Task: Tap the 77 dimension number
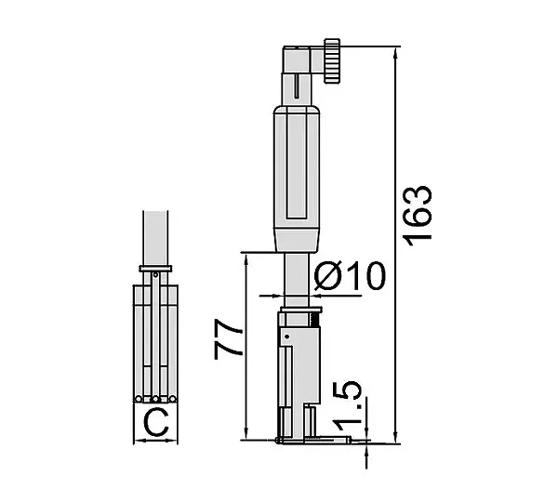(x=228, y=339)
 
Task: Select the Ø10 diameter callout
(x=350, y=276)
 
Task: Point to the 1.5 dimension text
(x=347, y=403)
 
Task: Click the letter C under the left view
(x=156, y=423)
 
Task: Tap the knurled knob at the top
(x=332, y=60)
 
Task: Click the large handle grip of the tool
(x=297, y=178)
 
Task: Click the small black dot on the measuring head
(x=287, y=337)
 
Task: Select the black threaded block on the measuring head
(x=315, y=320)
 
